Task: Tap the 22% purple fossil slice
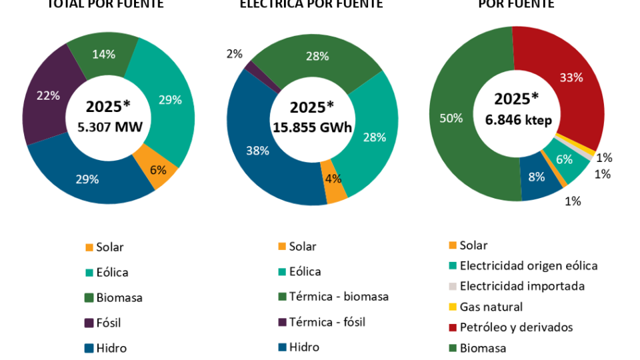pyautogui.click(x=48, y=97)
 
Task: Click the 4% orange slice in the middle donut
pyautogui.click(x=334, y=179)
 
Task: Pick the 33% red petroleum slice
pyautogui.click(x=571, y=78)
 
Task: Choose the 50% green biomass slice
pyautogui.click(x=451, y=119)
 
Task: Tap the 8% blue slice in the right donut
pyautogui.click(x=537, y=177)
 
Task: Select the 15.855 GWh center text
pyautogui.click(x=312, y=127)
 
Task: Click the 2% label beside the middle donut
pyautogui.click(x=234, y=54)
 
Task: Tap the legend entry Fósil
pyautogui.click(x=108, y=323)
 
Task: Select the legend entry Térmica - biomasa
pyautogui.click(x=338, y=297)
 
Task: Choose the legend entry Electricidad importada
pyautogui.click(x=521, y=286)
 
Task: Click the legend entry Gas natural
pyautogui.click(x=491, y=307)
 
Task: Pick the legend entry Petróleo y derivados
pyautogui.click(x=515, y=327)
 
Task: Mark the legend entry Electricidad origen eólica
pyautogui.click(x=528, y=265)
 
